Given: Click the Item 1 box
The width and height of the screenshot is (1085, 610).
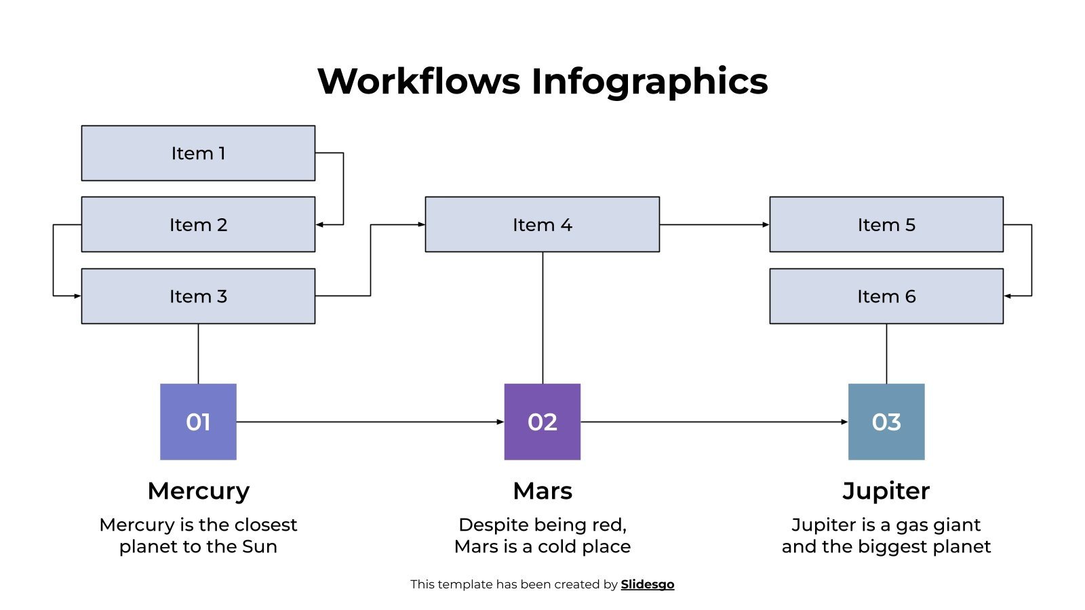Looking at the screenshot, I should pyautogui.click(x=198, y=153).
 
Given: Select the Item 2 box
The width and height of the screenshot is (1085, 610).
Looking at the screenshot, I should pyautogui.click(x=198, y=224).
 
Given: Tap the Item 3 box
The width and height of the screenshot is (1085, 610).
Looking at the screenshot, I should pyautogui.click(x=198, y=296).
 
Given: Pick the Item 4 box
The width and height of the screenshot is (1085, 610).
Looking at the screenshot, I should pyautogui.click(x=542, y=224).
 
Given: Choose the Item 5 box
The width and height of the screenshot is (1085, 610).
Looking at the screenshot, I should pyautogui.click(x=886, y=224).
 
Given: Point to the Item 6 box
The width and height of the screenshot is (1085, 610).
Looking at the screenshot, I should pyautogui.click(x=886, y=296).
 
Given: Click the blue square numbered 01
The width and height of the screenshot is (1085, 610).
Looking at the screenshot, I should pyautogui.click(x=198, y=422).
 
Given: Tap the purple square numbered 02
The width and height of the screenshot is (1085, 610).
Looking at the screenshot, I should pyautogui.click(x=542, y=422).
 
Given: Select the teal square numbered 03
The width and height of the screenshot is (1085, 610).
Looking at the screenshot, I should pyautogui.click(x=886, y=422).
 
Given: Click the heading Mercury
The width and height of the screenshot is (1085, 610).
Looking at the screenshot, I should pyautogui.click(x=198, y=491).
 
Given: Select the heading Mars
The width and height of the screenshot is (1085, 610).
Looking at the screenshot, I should pyautogui.click(x=542, y=491).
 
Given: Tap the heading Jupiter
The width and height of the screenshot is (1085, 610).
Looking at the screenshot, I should pyautogui.click(x=886, y=491).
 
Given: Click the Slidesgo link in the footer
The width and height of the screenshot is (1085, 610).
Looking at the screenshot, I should pyautogui.click(x=647, y=584).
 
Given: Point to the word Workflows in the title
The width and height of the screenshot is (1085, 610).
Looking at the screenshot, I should pyautogui.click(x=418, y=81).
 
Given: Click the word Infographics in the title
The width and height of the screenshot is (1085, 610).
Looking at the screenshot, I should pyautogui.click(x=649, y=81).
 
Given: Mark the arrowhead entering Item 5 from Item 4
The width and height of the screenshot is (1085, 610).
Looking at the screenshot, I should pyautogui.click(x=766, y=224).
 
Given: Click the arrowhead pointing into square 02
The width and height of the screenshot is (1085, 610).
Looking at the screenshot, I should pyautogui.click(x=500, y=422).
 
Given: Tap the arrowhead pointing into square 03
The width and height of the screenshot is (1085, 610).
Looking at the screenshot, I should pyautogui.click(x=844, y=422).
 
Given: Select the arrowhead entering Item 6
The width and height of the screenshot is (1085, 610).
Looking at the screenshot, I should pyautogui.click(x=1008, y=296).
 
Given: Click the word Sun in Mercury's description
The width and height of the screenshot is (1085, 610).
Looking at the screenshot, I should pyautogui.click(x=260, y=546).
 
